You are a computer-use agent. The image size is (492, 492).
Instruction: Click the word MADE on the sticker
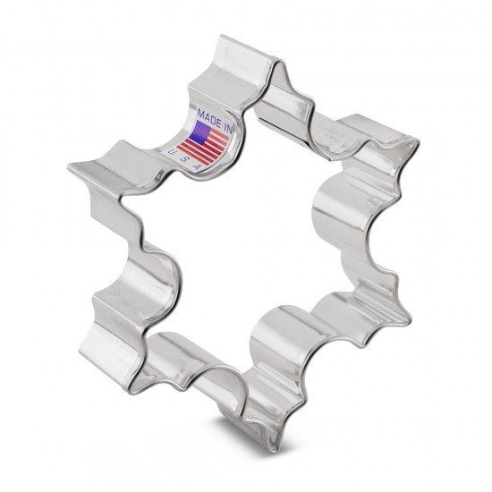coord(208,116)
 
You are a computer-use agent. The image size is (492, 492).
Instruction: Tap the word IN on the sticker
coord(228,127)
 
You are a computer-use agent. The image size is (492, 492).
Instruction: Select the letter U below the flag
coord(172,151)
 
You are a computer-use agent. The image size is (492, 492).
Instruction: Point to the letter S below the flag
coord(184,160)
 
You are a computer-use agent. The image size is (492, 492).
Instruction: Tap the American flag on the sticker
coord(203,143)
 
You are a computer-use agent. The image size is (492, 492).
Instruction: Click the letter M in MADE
coord(200,113)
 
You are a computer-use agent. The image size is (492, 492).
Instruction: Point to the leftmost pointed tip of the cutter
coord(69,165)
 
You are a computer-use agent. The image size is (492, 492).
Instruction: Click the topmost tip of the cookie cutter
coord(221,37)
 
